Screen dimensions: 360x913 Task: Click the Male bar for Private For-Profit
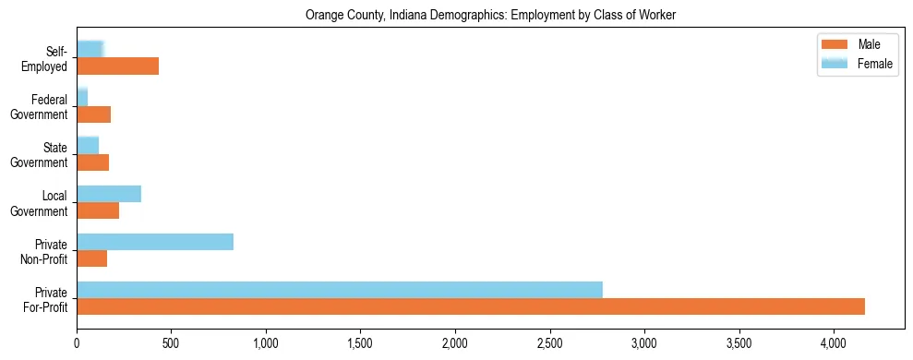click(x=471, y=306)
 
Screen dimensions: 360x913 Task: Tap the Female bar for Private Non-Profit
click(x=155, y=242)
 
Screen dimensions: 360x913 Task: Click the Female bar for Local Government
click(x=109, y=194)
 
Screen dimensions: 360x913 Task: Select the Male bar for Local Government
click(x=98, y=210)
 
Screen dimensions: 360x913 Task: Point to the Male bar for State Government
click(x=93, y=162)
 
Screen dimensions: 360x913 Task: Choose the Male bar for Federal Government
click(x=94, y=114)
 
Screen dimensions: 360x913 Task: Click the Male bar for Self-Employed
click(x=118, y=66)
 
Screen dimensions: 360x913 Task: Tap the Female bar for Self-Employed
click(x=90, y=50)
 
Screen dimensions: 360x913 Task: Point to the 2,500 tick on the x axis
click(x=549, y=330)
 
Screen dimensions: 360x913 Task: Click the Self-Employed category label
click(x=49, y=58)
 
